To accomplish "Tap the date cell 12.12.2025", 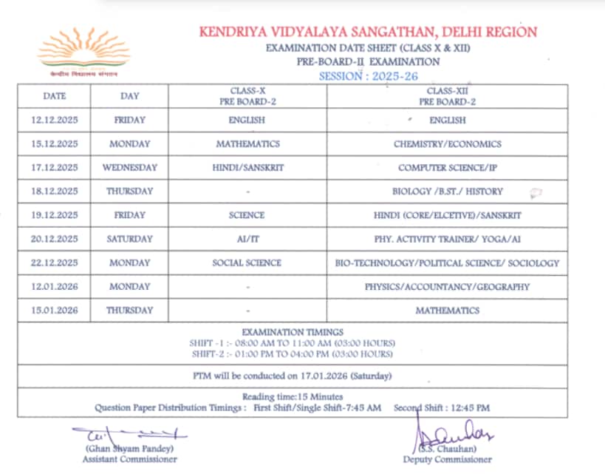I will coord(54,120).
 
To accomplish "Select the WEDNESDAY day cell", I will coord(129,168).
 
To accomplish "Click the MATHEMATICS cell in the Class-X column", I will coord(247,144).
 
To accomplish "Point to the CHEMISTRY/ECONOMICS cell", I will coord(447,144).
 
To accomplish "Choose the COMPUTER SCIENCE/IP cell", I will coord(447,168).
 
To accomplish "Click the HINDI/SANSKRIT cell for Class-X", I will coord(247,168).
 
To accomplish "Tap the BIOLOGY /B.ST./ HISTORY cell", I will coord(447,192).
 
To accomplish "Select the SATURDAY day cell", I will coord(129,239).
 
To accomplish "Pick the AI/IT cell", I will coord(247,239).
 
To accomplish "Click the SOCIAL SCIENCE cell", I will coord(247,263).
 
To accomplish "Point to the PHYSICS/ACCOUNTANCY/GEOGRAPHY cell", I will coord(447,287).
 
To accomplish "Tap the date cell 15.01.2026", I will coord(54,311).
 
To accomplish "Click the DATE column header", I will coord(54,96).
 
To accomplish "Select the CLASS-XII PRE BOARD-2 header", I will coord(447,96).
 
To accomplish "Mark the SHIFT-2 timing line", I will coord(293,353).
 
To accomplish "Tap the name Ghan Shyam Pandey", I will coord(130,449).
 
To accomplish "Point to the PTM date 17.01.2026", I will coord(322,376).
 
